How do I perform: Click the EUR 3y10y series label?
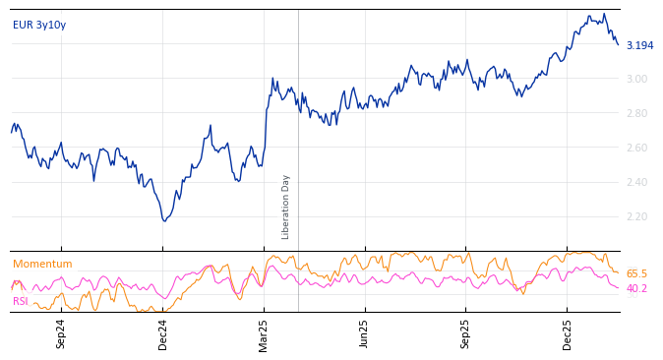click(x=39, y=25)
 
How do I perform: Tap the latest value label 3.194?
click(x=639, y=45)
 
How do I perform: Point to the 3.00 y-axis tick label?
click(x=636, y=79)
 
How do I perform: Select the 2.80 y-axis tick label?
click(x=636, y=113)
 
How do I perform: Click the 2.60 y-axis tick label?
click(x=636, y=148)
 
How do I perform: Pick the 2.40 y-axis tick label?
click(x=636, y=182)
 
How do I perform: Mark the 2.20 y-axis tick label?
click(x=636, y=216)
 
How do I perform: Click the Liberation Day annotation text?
click(x=286, y=207)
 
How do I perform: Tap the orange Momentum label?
click(x=42, y=264)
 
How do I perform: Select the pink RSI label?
click(x=21, y=301)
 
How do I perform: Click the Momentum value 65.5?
click(x=636, y=273)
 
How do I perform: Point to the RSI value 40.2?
click(x=636, y=288)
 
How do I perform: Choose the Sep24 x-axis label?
click(x=61, y=333)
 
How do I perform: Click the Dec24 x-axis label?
click(x=163, y=333)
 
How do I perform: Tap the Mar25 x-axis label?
click(x=264, y=333)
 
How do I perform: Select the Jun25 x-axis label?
click(x=365, y=333)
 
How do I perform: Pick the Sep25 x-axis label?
click(x=466, y=333)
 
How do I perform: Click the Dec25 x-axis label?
click(x=568, y=333)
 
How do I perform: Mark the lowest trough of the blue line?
click(x=164, y=220)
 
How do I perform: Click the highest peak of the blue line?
click(x=603, y=14)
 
